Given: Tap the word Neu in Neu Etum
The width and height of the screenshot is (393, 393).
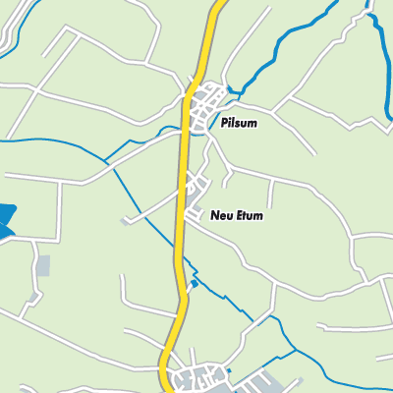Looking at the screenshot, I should pyautogui.click(x=222, y=215).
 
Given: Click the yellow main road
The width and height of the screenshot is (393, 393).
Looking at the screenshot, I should pyautogui.click(x=182, y=196).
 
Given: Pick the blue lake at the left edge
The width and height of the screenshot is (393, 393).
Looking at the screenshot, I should pyautogui.click(x=6, y=221).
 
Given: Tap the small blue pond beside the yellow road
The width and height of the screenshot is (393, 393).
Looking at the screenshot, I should pyautogui.click(x=194, y=284).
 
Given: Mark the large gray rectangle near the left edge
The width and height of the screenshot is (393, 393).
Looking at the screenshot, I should pyautogui.click(x=42, y=265).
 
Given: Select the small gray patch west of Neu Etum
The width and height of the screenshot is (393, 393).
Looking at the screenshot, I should pyautogui.click(x=125, y=221).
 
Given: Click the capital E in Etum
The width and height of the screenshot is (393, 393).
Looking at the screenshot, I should pyautogui.click(x=241, y=215).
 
